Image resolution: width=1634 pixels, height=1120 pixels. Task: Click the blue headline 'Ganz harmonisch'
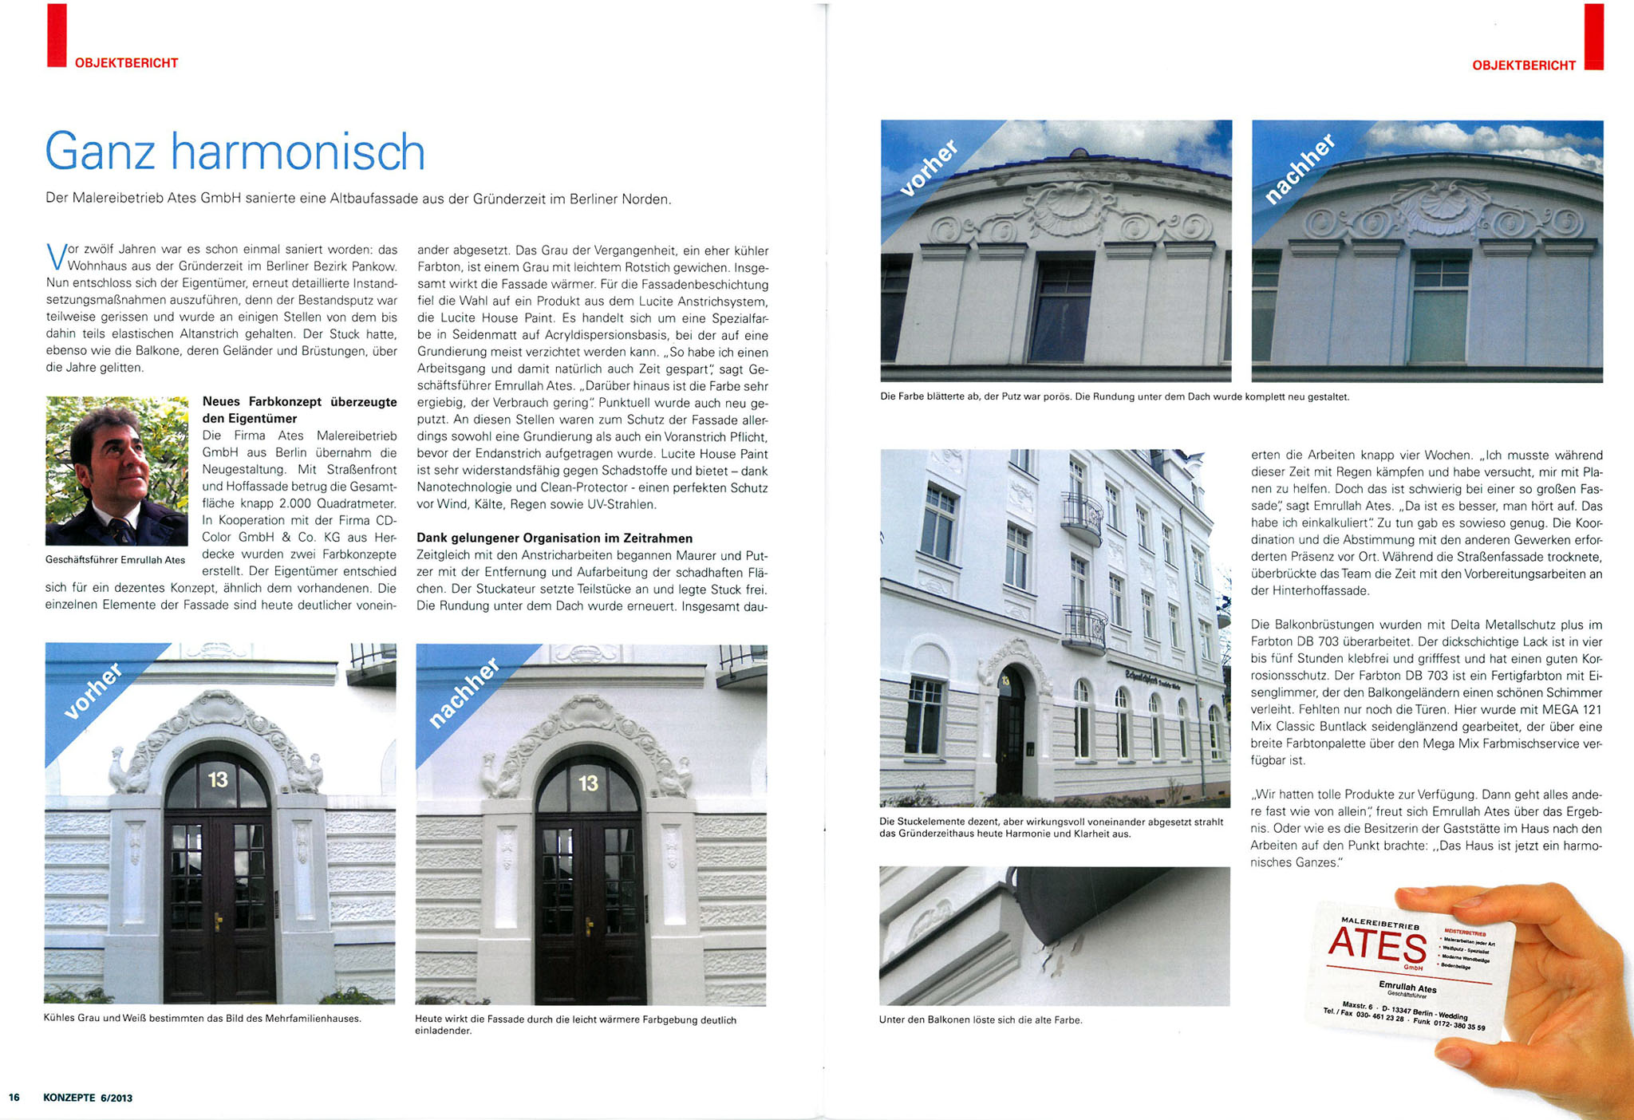[x=235, y=152]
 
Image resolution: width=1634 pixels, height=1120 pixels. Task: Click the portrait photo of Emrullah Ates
[x=116, y=471]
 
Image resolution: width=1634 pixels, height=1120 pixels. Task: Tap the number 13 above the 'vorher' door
[x=218, y=779]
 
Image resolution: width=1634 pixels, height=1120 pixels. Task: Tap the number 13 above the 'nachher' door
[x=588, y=783]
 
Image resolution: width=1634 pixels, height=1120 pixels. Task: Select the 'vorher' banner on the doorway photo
[x=94, y=691]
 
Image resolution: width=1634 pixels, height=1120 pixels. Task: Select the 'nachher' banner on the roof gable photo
[x=1299, y=170]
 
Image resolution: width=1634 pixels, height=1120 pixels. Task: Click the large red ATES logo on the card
[x=1377, y=947]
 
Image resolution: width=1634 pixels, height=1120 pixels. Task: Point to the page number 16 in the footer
[x=14, y=1098]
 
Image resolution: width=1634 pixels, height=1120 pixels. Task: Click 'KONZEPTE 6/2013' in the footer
[x=88, y=1098]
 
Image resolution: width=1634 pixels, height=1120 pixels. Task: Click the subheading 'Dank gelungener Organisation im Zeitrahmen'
[x=555, y=538]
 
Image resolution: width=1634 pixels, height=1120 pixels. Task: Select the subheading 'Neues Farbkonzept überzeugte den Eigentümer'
[x=299, y=410]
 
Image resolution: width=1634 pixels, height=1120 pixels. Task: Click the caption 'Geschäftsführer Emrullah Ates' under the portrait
[x=115, y=560]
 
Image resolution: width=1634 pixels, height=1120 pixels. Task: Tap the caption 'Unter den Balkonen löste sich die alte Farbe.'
[x=981, y=1019]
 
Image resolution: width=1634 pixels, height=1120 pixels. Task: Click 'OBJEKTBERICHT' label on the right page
[x=1524, y=65]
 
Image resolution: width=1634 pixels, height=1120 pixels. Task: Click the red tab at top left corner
[x=57, y=35]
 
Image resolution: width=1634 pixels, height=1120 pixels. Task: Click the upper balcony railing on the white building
[x=1082, y=516]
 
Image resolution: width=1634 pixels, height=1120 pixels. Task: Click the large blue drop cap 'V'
[x=55, y=257]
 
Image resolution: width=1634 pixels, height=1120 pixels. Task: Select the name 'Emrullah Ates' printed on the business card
[x=1407, y=988]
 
